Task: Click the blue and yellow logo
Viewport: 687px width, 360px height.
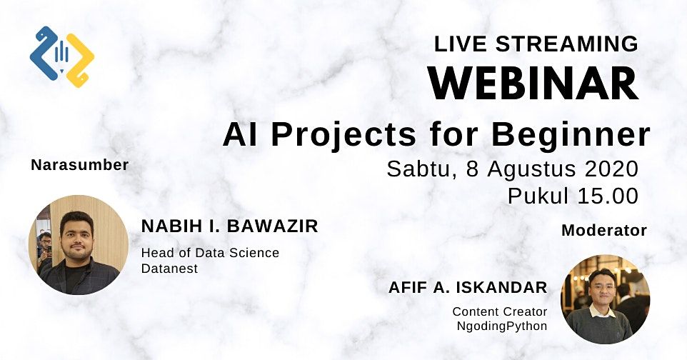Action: click(x=62, y=57)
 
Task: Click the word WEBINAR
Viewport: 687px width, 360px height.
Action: click(x=533, y=84)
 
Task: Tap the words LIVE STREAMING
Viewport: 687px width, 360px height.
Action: click(x=536, y=44)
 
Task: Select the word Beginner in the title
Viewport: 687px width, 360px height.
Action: click(x=571, y=135)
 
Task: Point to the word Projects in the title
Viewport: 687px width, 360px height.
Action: click(x=343, y=135)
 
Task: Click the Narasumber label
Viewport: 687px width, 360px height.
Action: click(x=80, y=165)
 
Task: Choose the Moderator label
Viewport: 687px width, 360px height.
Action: click(x=604, y=230)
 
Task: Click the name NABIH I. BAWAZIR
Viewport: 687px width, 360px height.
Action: click(x=229, y=226)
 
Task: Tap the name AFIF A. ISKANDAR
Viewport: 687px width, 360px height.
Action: click(x=468, y=288)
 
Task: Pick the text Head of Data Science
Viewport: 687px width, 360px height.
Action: click(x=210, y=253)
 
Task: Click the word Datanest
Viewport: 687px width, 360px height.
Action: click(x=169, y=268)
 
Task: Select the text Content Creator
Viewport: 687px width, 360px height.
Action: click(x=500, y=311)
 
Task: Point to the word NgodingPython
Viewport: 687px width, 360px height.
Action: click(x=502, y=326)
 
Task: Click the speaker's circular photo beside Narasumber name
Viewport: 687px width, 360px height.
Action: click(x=79, y=245)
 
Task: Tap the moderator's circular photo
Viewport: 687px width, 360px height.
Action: click(x=605, y=299)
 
